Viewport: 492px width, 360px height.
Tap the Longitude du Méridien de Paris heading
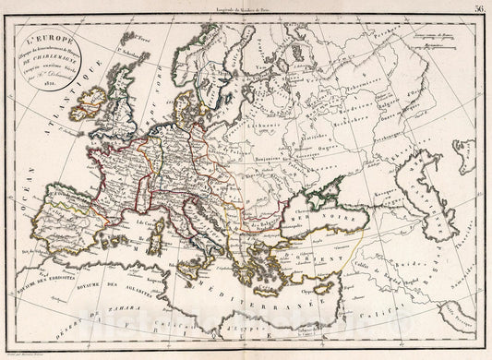point(246,6)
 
